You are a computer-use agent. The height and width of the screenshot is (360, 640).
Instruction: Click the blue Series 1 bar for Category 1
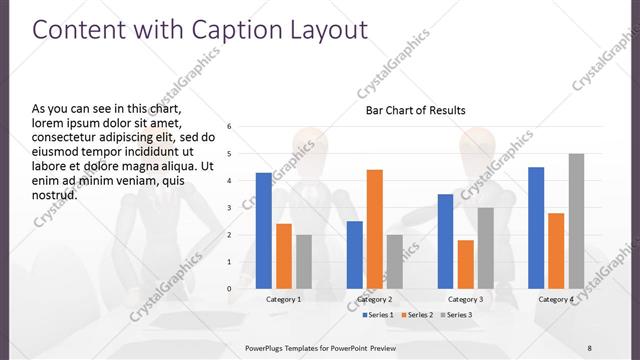click(x=263, y=230)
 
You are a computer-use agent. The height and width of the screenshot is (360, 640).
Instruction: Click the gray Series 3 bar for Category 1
click(x=303, y=261)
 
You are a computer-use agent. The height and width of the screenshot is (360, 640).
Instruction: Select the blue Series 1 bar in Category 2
click(x=355, y=254)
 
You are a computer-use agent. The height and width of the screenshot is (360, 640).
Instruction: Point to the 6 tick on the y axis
click(x=230, y=127)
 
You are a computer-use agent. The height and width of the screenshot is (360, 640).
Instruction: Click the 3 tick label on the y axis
click(x=230, y=208)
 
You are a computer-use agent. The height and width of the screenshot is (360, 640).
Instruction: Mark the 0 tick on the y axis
click(x=230, y=289)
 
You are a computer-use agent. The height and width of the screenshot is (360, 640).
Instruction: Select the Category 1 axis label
click(x=284, y=300)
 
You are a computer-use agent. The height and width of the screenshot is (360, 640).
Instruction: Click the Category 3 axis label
click(x=466, y=300)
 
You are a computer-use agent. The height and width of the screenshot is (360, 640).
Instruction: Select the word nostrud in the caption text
click(x=55, y=194)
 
